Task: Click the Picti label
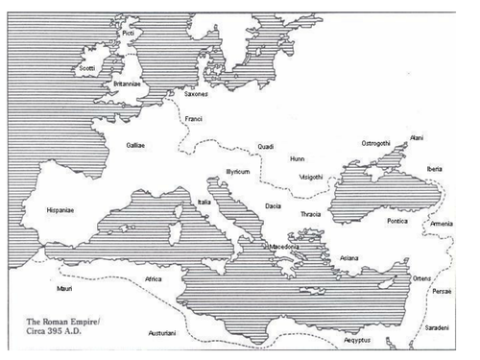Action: [128, 34]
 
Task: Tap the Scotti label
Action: [88, 69]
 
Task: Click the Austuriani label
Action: [162, 332]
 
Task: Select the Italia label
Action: [204, 202]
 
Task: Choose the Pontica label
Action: [396, 221]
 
